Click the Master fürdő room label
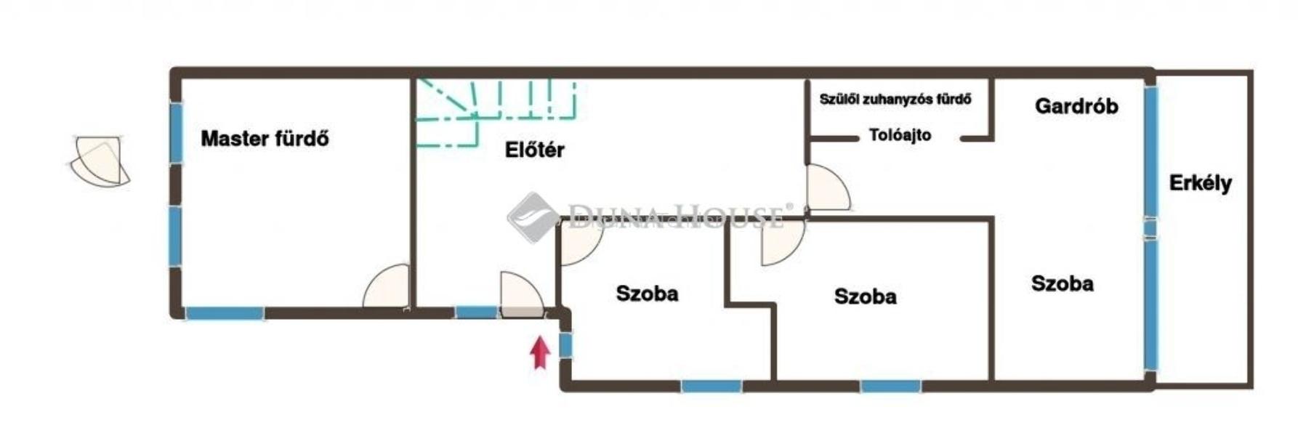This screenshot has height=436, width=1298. (265, 138)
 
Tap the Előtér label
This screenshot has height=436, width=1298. (534, 150)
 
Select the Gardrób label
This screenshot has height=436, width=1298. (1076, 106)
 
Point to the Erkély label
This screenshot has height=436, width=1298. (1200, 183)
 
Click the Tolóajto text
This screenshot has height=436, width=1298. (900, 135)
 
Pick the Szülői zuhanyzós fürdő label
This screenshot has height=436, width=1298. (895, 99)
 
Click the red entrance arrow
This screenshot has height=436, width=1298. (539, 352)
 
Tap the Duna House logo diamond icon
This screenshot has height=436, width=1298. (533, 216)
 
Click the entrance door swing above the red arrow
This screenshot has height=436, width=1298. (520, 295)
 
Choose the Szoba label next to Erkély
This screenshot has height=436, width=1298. (1062, 283)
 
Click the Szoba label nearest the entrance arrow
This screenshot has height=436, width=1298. (647, 294)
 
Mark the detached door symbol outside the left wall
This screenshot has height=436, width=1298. (100, 161)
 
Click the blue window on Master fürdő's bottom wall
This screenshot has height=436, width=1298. (225, 313)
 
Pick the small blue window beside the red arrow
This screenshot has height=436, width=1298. (565, 344)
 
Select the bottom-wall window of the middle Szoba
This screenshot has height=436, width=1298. (890, 386)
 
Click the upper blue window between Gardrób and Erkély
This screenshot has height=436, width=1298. (1150, 151)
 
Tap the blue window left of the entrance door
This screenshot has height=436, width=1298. (476, 312)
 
